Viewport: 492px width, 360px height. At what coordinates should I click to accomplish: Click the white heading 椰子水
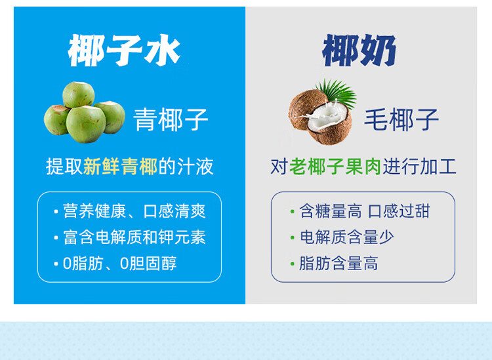tap(124, 50)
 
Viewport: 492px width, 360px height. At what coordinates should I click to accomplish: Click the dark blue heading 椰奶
tap(359, 50)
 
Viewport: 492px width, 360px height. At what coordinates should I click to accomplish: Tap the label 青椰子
tap(171, 119)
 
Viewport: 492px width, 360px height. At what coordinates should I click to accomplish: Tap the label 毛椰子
tap(401, 119)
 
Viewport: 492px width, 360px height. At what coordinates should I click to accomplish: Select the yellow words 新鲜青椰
tap(121, 167)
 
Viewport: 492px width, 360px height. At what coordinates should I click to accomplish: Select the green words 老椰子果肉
tap(335, 167)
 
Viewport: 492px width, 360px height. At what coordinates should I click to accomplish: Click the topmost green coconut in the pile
tap(79, 94)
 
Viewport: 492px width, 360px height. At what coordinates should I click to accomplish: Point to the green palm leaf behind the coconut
tap(337, 92)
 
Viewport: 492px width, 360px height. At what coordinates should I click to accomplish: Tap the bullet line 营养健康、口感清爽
tap(134, 211)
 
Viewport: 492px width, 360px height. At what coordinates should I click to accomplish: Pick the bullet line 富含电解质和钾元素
tap(134, 237)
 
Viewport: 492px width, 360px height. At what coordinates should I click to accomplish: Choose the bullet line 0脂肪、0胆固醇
tap(120, 263)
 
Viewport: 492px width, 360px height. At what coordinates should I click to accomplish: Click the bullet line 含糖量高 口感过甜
tap(364, 210)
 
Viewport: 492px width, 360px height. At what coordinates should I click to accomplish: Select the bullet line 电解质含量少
tap(347, 237)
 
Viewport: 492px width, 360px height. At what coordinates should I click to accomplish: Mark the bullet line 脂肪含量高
tap(338, 263)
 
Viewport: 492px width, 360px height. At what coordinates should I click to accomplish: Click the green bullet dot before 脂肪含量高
tap(293, 264)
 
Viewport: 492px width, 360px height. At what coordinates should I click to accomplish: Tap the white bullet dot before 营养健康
tap(56, 212)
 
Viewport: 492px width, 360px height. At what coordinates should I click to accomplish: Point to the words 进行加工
tap(420, 167)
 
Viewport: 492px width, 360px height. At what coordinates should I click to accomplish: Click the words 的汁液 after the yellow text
tap(186, 167)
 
